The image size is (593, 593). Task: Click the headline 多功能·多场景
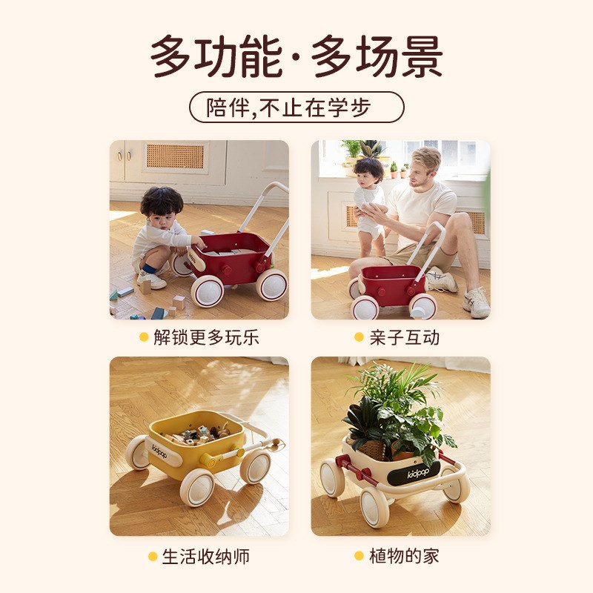[x=296, y=56]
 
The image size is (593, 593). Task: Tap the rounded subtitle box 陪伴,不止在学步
[x=296, y=107]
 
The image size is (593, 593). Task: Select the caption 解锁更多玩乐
[x=206, y=338]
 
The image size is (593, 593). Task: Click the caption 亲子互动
[x=405, y=338]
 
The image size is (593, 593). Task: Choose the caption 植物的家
[x=405, y=555]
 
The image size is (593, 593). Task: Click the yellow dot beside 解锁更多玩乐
[x=144, y=338]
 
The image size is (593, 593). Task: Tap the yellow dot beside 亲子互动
[x=360, y=338]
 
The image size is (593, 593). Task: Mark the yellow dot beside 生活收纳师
[x=153, y=555]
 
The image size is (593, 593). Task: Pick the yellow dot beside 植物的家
[x=360, y=555]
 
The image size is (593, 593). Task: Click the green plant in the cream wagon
[x=397, y=408]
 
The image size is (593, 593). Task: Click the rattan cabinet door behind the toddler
[x=175, y=156]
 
